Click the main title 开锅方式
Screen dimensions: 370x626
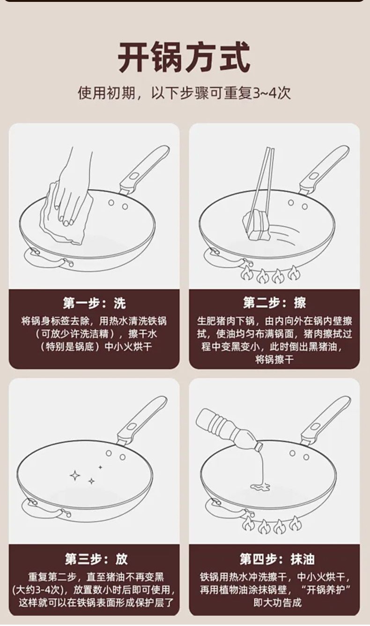184,57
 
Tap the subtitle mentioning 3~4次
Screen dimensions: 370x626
184,93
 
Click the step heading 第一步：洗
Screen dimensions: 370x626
94,303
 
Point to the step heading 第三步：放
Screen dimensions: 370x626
96,559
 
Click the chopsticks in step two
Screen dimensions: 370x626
262,184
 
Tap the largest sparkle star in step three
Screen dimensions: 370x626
75,475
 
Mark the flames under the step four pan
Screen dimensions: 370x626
272,525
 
